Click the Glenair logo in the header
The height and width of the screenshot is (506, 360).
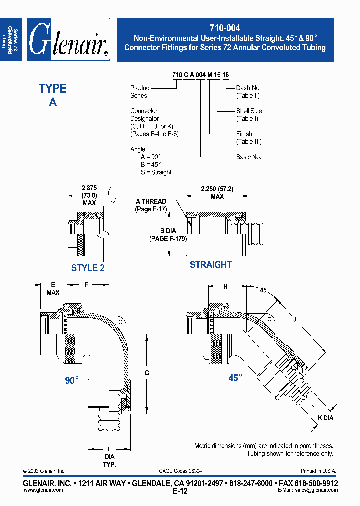coord(68,40)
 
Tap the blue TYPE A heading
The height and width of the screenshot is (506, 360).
coord(53,95)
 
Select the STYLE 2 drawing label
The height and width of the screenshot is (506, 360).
coord(88,268)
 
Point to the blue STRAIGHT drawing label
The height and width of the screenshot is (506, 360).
coord(210,264)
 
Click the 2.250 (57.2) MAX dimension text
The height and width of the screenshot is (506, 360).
coord(217,193)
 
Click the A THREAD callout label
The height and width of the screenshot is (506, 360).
coord(151,205)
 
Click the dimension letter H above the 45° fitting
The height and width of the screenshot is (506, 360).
coord(225,287)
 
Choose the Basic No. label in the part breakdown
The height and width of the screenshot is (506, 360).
coord(248,157)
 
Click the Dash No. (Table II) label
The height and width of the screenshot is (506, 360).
coord(248,92)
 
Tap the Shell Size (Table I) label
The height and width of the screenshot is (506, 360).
coord(249,115)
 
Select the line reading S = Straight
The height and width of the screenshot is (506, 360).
coord(156,172)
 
